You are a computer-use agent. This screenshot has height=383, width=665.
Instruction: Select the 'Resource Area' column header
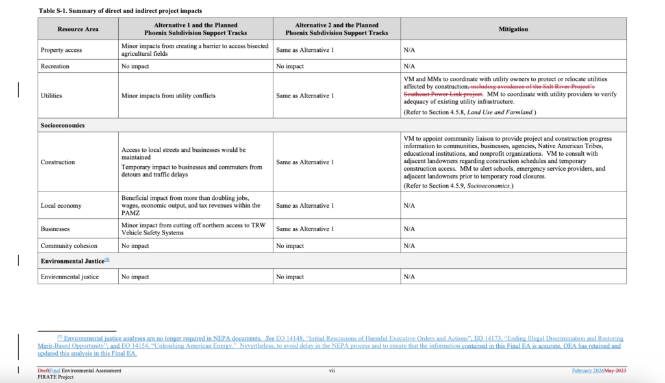[78, 29]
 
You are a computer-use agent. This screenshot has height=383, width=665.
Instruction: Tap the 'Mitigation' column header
[513, 29]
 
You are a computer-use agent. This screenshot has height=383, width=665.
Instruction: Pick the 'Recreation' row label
[55, 66]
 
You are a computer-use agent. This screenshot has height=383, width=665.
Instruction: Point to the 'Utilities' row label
[51, 95]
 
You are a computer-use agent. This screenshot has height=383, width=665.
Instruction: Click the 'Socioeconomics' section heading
[62, 125]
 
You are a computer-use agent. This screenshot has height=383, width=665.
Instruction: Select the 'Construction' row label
[58, 162]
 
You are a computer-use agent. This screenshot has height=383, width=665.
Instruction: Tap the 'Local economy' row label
[61, 206]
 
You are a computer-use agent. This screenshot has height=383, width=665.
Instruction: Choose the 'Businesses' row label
[56, 229]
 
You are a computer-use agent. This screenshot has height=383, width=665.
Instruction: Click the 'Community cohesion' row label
[69, 246]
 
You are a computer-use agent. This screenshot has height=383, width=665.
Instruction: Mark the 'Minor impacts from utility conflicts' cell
[168, 95]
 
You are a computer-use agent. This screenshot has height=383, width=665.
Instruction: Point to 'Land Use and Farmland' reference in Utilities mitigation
[501, 112]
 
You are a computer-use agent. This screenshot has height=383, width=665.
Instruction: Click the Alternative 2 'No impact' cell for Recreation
[290, 66]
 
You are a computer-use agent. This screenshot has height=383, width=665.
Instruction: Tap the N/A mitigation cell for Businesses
[409, 229]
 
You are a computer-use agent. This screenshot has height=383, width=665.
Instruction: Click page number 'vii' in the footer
[331, 371]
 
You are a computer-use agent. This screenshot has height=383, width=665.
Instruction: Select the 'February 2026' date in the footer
[588, 371]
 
